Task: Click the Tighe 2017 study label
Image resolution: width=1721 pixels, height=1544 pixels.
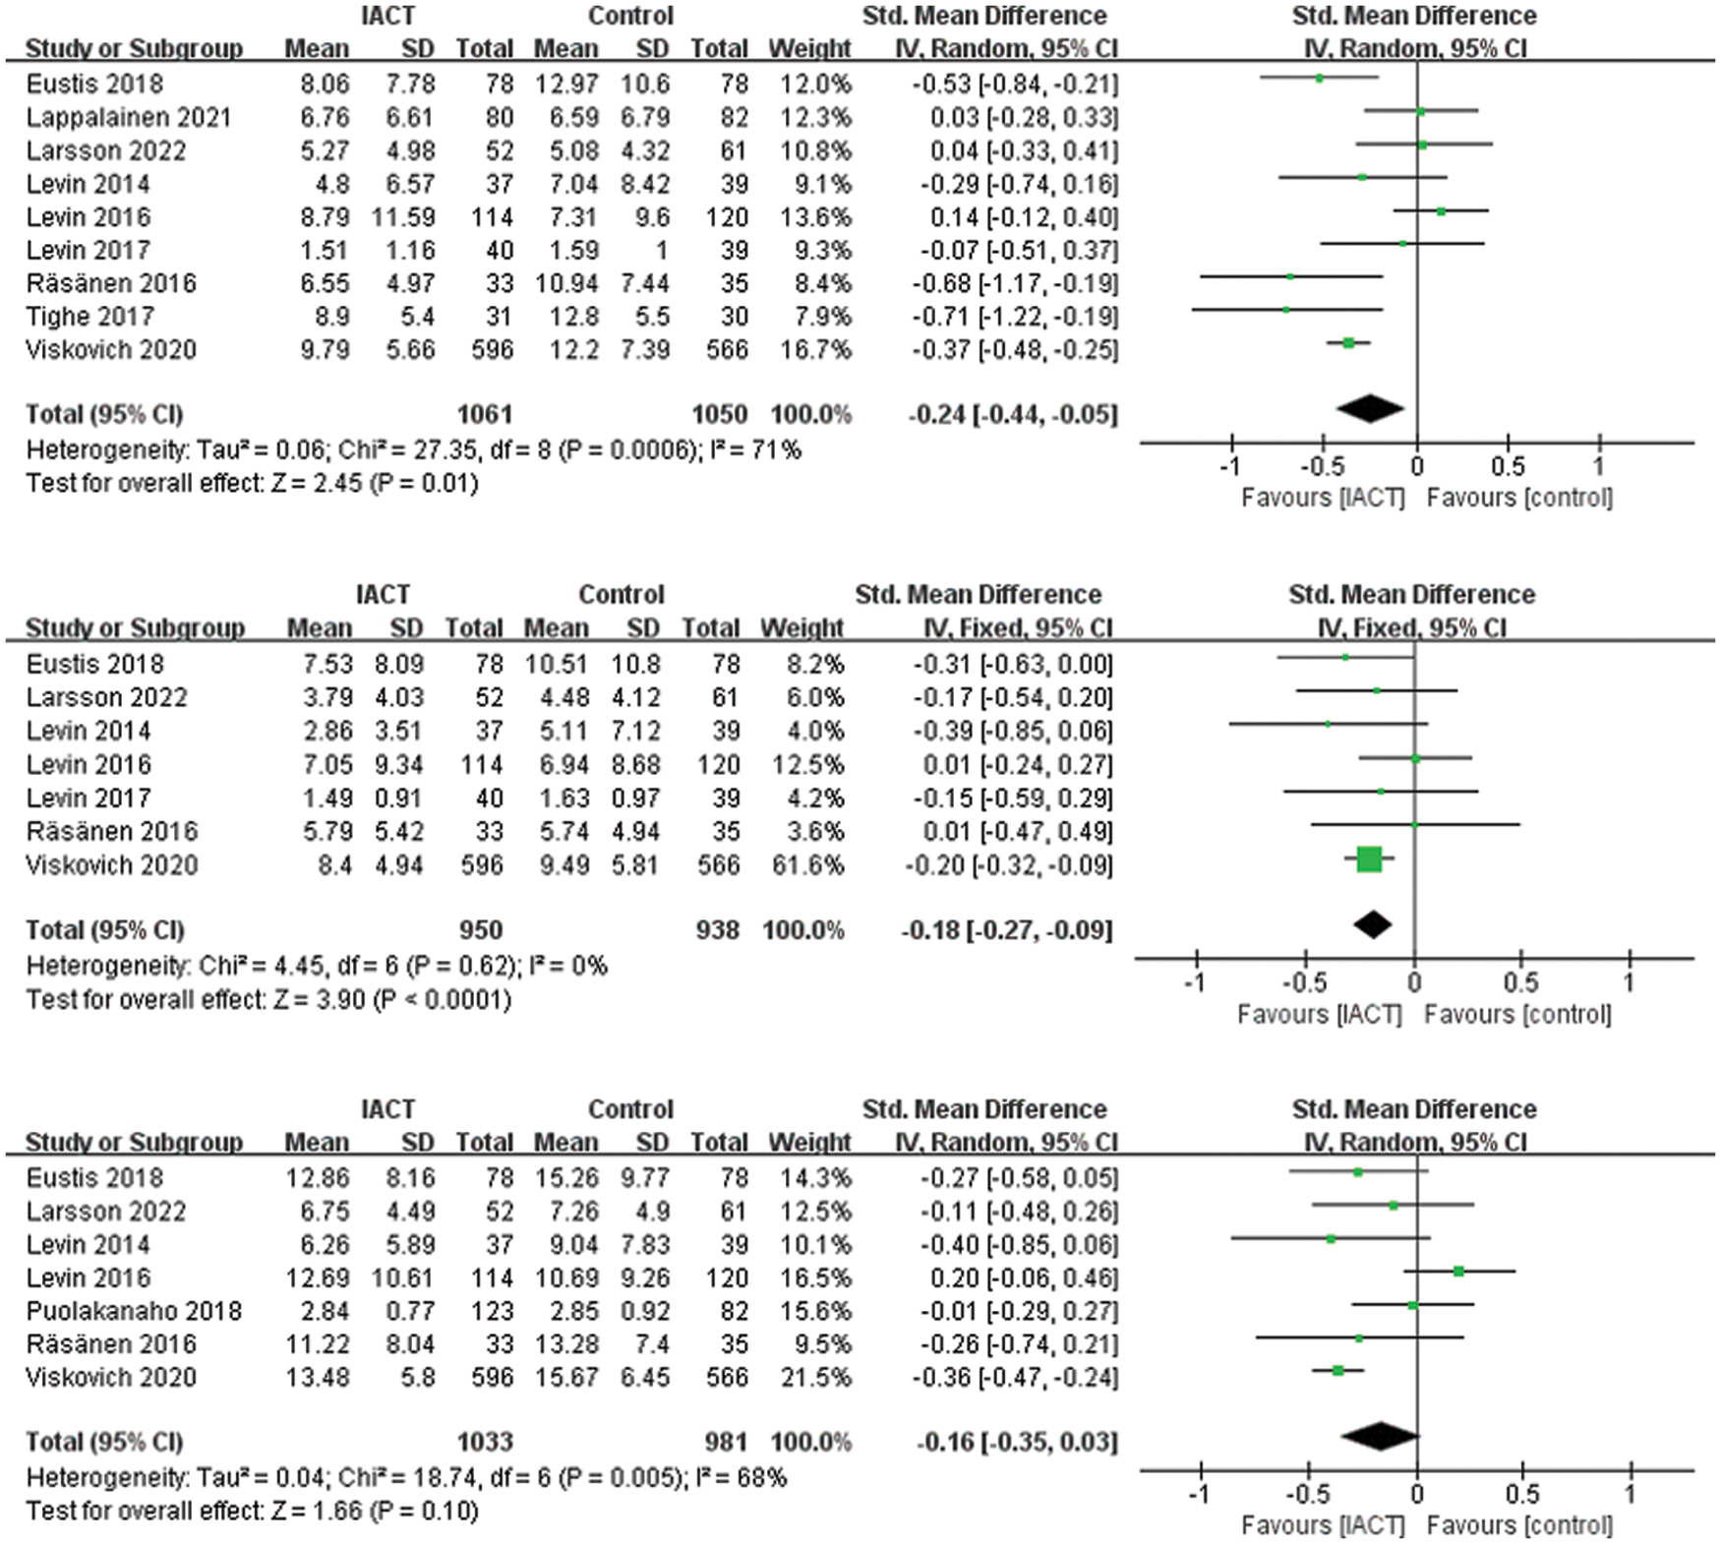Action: tap(89, 317)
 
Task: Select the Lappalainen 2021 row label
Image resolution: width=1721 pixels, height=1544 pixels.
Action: tap(128, 118)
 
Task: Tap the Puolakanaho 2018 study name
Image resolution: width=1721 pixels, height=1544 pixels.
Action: tap(133, 1311)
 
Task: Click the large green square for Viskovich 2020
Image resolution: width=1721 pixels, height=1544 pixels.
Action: tap(1369, 860)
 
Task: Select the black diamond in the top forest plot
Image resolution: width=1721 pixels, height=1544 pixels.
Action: tap(1369, 409)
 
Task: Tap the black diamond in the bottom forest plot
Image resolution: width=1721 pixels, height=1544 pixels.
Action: tap(1380, 1437)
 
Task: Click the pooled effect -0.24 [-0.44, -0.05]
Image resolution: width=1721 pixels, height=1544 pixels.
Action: tap(1013, 414)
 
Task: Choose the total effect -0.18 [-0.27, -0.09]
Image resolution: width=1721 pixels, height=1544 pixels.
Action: tap(1007, 930)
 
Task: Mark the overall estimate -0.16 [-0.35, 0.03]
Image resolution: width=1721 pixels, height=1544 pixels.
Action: tap(1017, 1443)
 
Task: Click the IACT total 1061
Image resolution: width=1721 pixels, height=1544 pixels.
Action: tap(484, 414)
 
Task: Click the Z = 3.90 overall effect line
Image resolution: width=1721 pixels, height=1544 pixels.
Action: tap(268, 1000)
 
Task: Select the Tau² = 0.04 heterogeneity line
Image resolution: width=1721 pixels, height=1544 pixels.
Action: tap(406, 1478)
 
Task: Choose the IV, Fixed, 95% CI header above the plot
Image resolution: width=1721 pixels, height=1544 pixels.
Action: tap(1411, 628)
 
